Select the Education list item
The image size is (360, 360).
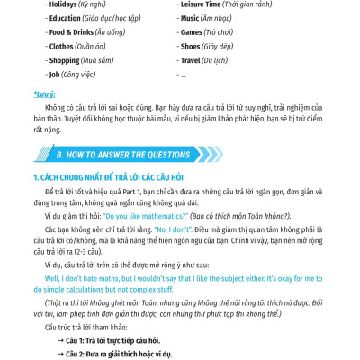pyautogui.click(x=66, y=17)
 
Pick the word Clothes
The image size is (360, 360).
pyautogui.click(x=61, y=45)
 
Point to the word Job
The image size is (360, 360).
pyautogui.click(x=56, y=74)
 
